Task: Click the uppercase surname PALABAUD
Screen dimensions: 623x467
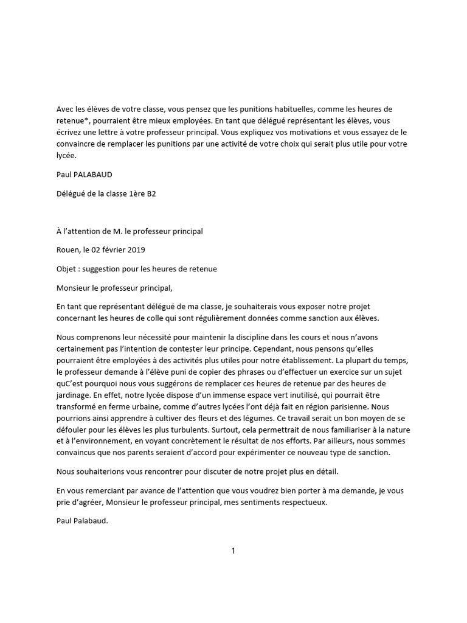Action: (x=92, y=175)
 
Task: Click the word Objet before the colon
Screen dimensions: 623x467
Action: (x=67, y=268)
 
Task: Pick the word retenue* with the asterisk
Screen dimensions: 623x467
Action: (x=74, y=120)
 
